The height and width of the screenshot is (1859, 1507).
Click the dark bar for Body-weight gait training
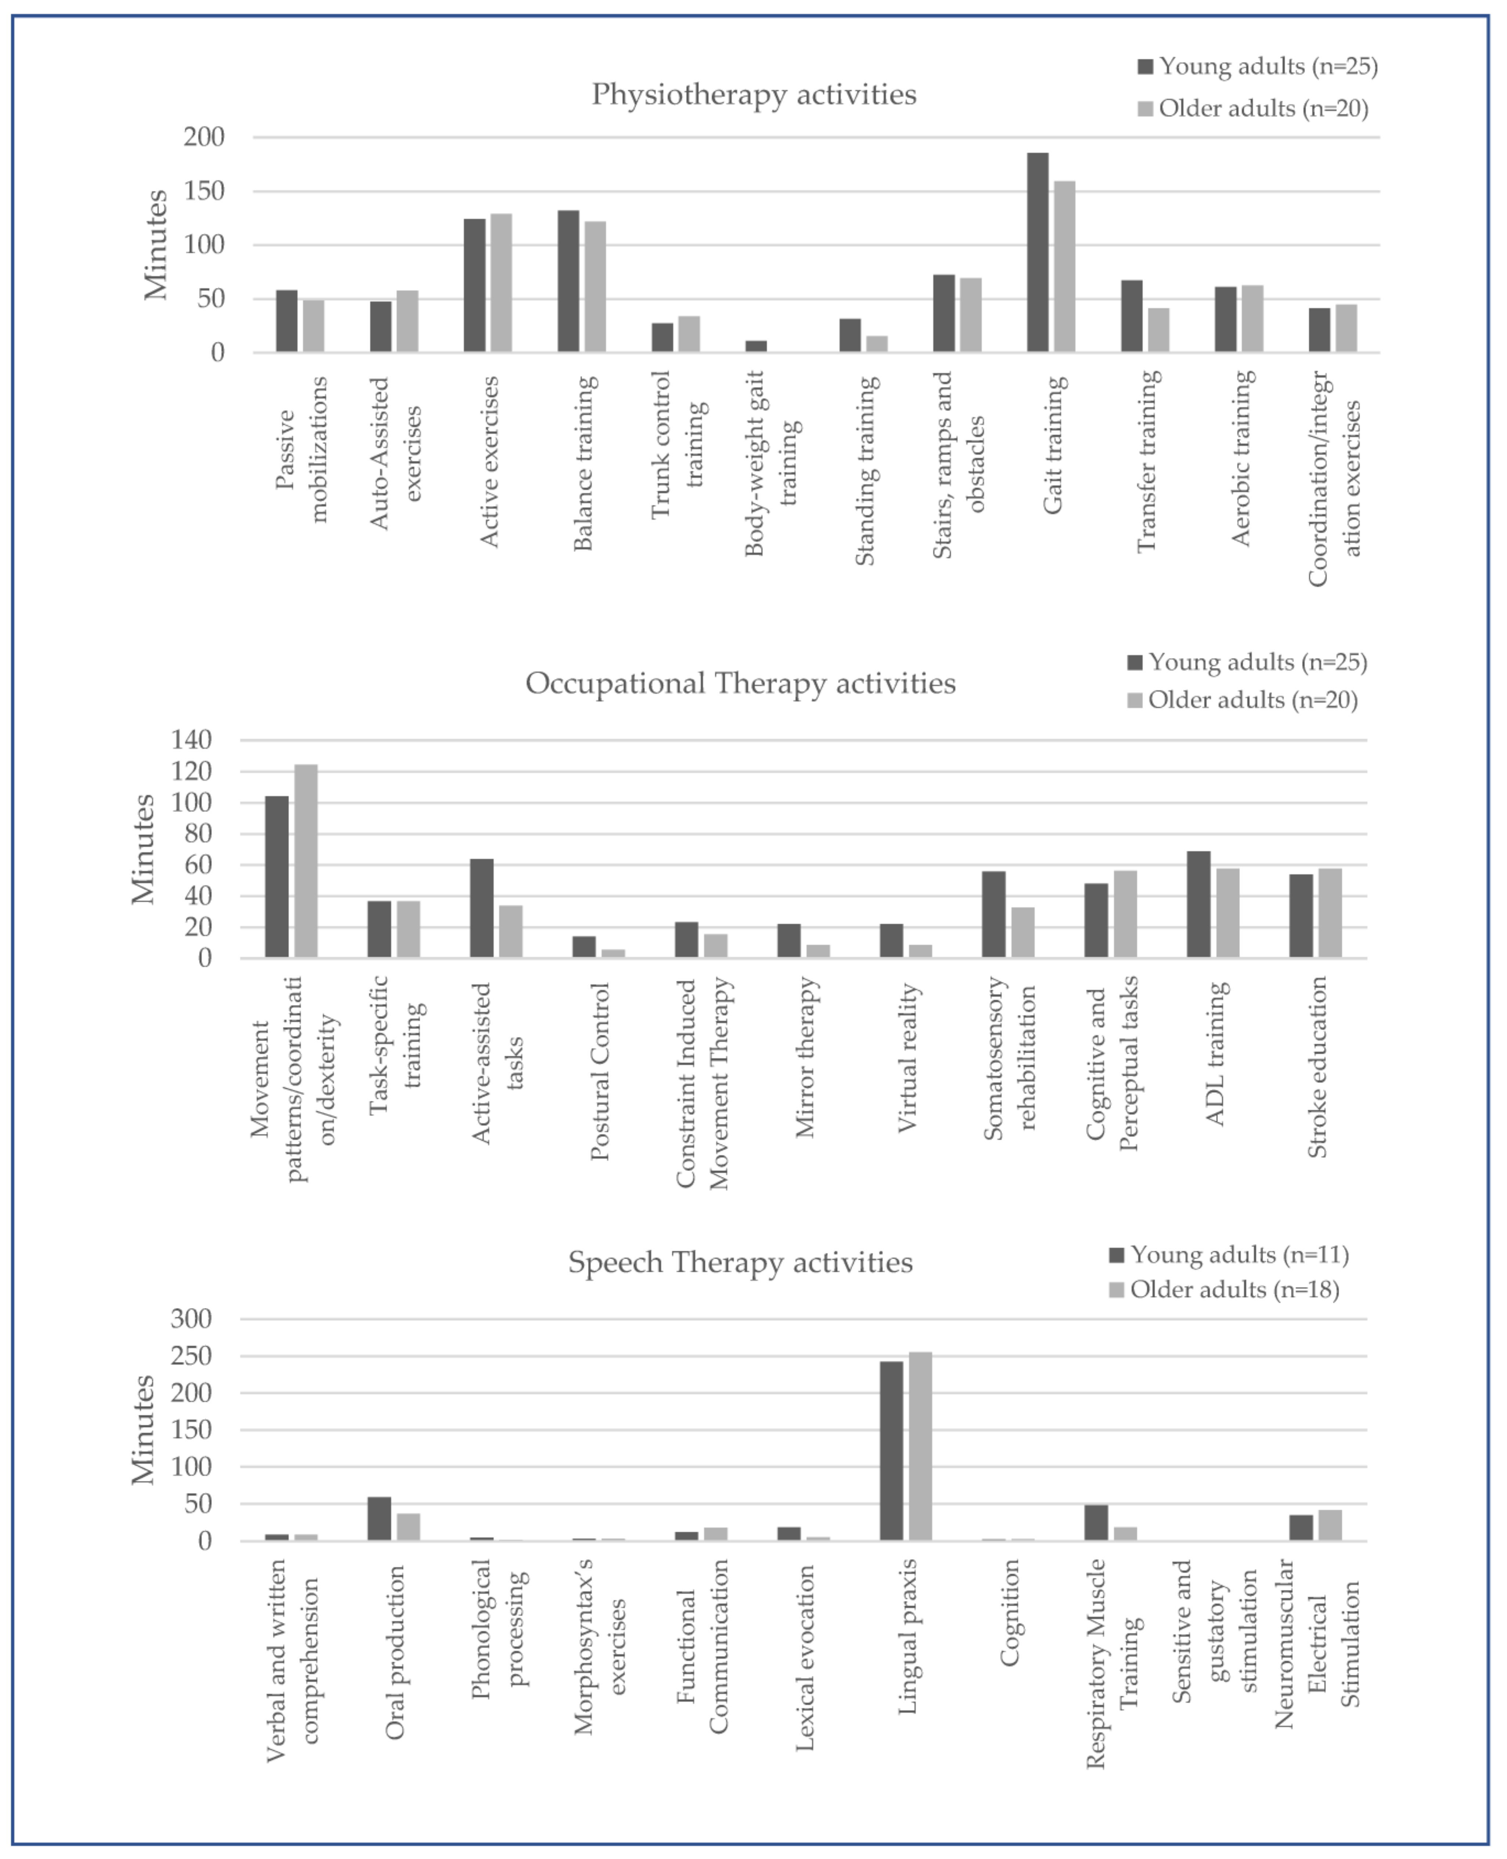(x=756, y=346)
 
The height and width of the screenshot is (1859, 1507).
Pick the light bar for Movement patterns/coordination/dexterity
(x=306, y=861)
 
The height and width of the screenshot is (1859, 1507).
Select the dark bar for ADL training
(x=1198, y=904)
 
